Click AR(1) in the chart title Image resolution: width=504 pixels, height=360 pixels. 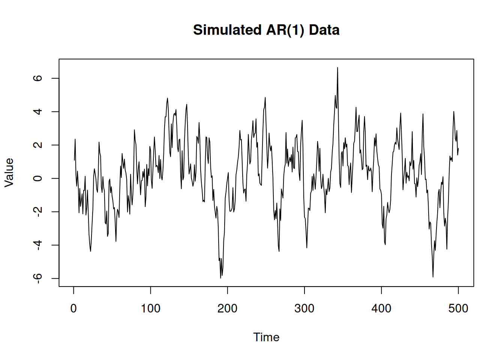285,30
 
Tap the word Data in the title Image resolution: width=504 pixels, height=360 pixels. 324,30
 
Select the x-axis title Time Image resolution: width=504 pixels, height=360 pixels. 266,337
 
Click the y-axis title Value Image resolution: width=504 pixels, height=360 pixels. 9,172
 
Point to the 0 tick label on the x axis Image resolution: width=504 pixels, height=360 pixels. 73,309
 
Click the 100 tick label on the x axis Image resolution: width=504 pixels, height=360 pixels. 150,309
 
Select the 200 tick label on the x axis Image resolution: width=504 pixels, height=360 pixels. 227,309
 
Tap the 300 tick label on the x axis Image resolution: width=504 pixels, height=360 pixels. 304,309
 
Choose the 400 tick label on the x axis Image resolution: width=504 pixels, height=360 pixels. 381,309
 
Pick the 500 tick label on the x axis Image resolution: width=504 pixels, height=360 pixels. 458,309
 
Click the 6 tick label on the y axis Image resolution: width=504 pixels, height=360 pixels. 37,78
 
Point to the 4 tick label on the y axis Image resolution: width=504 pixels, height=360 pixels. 37,112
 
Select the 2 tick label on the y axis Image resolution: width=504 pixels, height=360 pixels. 37,145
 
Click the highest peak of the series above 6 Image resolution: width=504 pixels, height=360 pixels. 337,68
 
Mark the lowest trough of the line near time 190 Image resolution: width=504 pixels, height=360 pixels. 220,278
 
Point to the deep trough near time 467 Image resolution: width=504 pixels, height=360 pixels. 433,277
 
